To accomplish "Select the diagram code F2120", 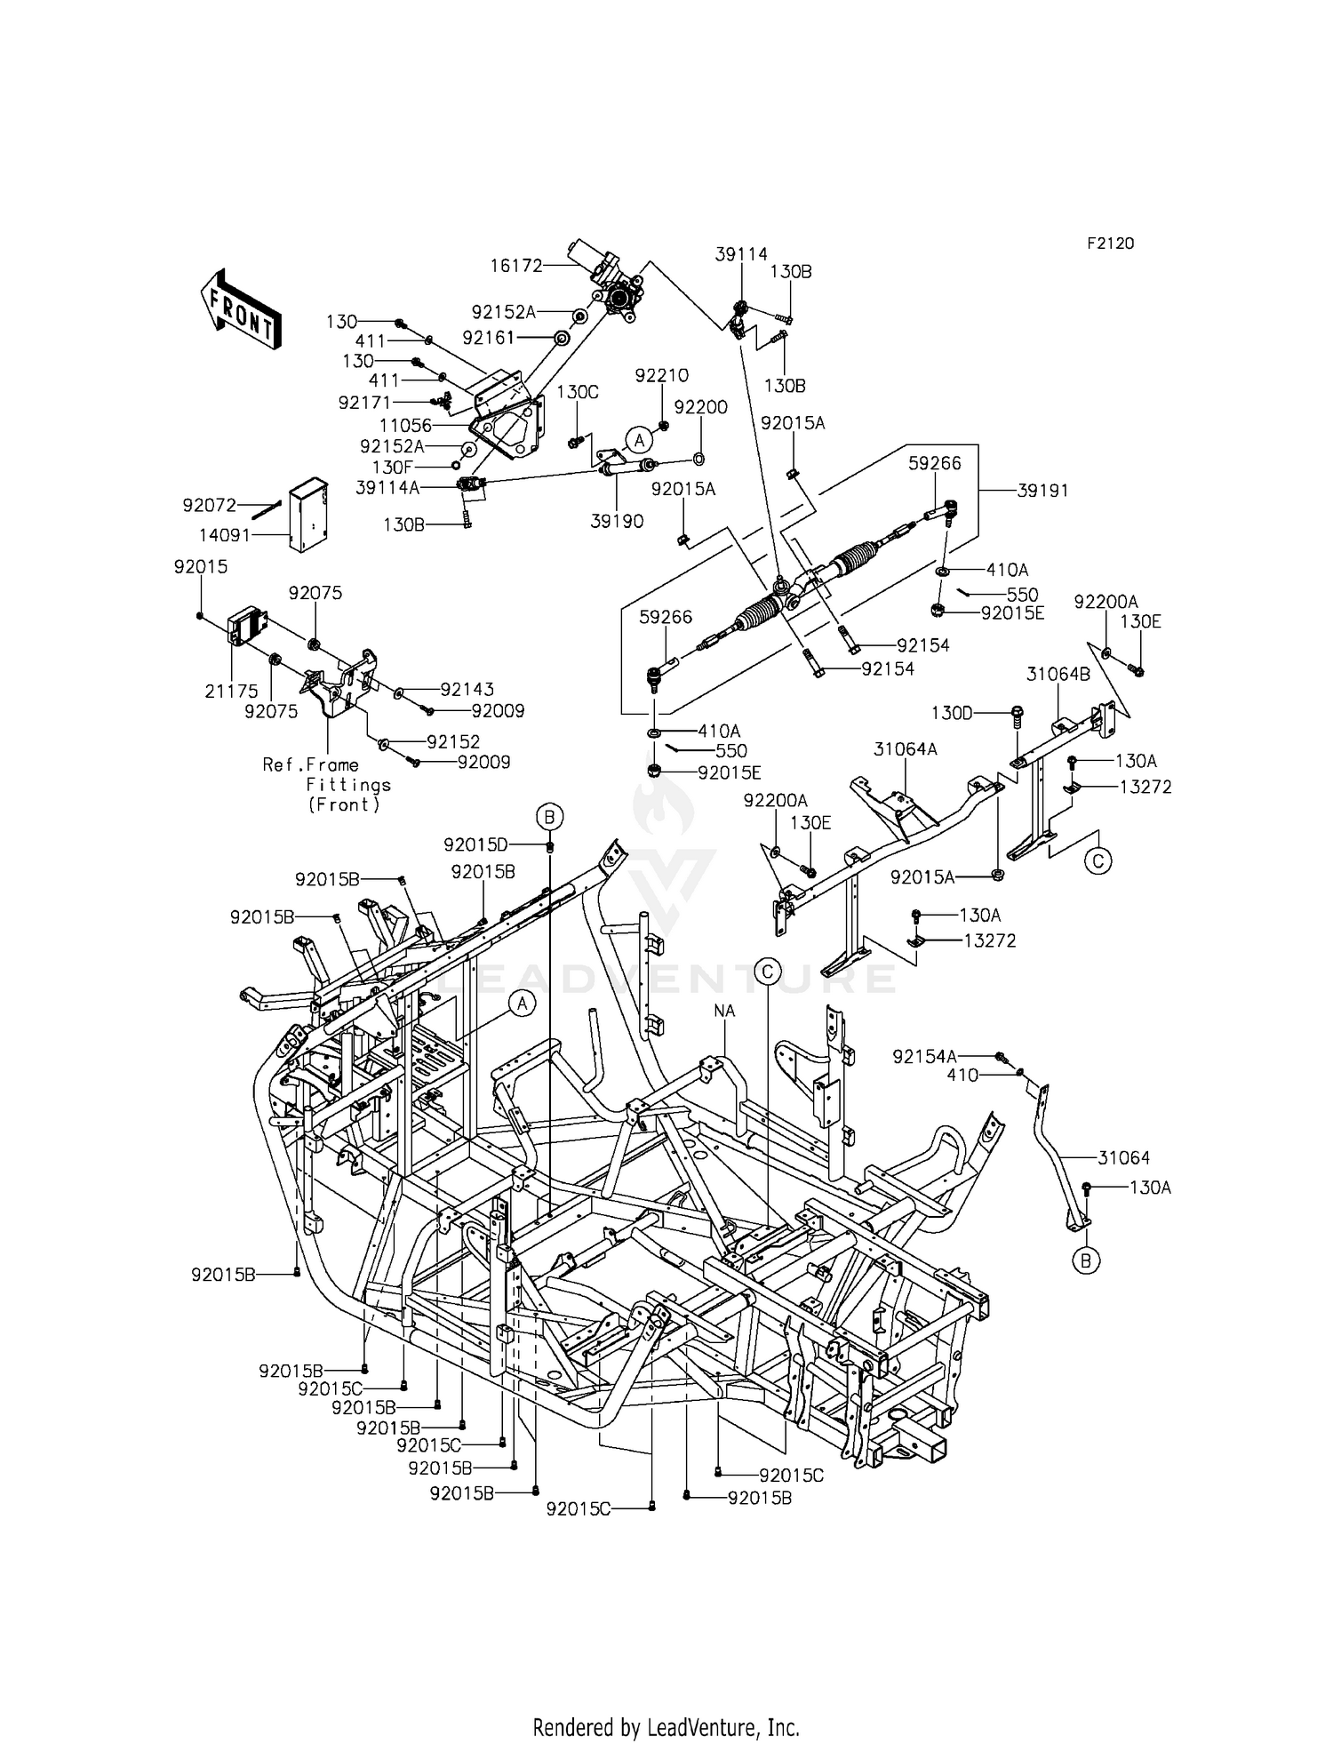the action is [x=1110, y=244].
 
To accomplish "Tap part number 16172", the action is [x=515, y=265].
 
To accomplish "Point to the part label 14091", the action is [x=227, y=535].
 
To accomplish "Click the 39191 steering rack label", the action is [x=1043, y=491].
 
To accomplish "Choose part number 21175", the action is [x=231, y=691].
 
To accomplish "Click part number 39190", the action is [x=617, y=522].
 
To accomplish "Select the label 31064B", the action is [x=1058, y=675].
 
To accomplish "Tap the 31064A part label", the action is [x=905, y=749].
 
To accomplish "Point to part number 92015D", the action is [x=475, y=844].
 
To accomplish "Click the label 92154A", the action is [x=925, y=1056].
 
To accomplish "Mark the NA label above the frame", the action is [x=724, y=1011].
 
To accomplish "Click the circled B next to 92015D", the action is [x=549, y=816].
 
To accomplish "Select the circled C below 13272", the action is [x=1098, y=860].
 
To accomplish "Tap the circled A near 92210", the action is [x=637, y=439].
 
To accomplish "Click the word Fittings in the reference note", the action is [x=348, y=785].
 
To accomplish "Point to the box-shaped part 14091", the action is [x=307, y=516].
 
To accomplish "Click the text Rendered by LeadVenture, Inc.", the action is [x=666, y=1727].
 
